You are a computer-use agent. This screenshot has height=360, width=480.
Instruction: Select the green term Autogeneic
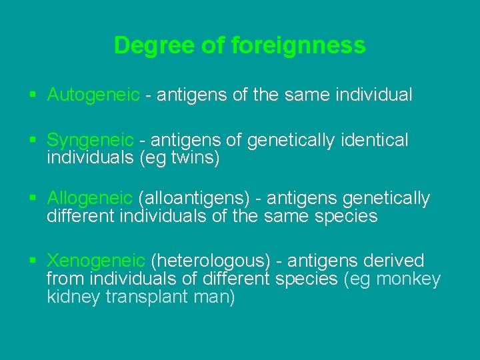click(93, 95)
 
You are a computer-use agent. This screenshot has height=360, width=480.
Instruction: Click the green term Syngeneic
click(91, 140)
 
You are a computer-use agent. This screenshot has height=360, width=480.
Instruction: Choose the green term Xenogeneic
click(96, 261)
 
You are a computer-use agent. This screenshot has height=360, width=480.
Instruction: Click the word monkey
click(409, 279)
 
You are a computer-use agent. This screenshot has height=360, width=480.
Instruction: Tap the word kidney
click(74, 297)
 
